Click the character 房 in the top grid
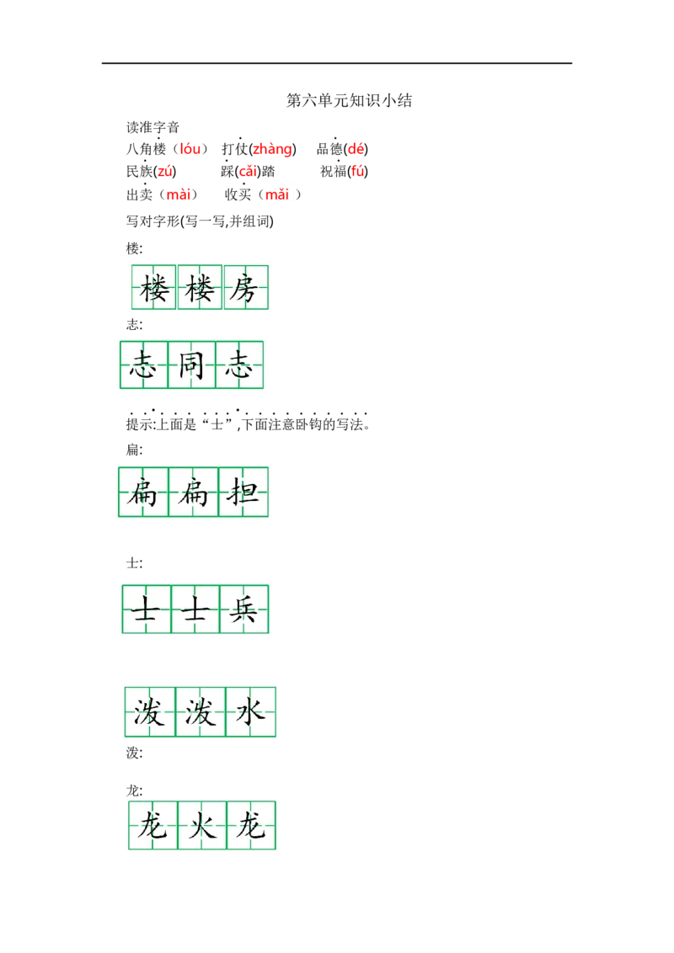(246, 289)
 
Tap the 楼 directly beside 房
(201, 289)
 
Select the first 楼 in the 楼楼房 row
(154, 289)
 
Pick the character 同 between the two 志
(191, 366)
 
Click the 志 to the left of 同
(143, 366)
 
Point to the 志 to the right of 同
(239, 366)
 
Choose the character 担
(243, 492)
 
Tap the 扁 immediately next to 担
(193, 492)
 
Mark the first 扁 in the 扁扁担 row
(142, 492)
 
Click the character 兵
(243, 609)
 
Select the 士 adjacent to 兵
(195, 609)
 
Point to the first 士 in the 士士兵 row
(146, 609)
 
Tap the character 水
(250, 712)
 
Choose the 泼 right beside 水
(201, 712)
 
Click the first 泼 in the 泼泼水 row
(149, 712)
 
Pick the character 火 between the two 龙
(202, 826)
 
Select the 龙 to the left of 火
(152, 826)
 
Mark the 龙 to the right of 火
(251, 826)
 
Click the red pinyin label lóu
(190, 149)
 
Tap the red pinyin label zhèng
(272, 150)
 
